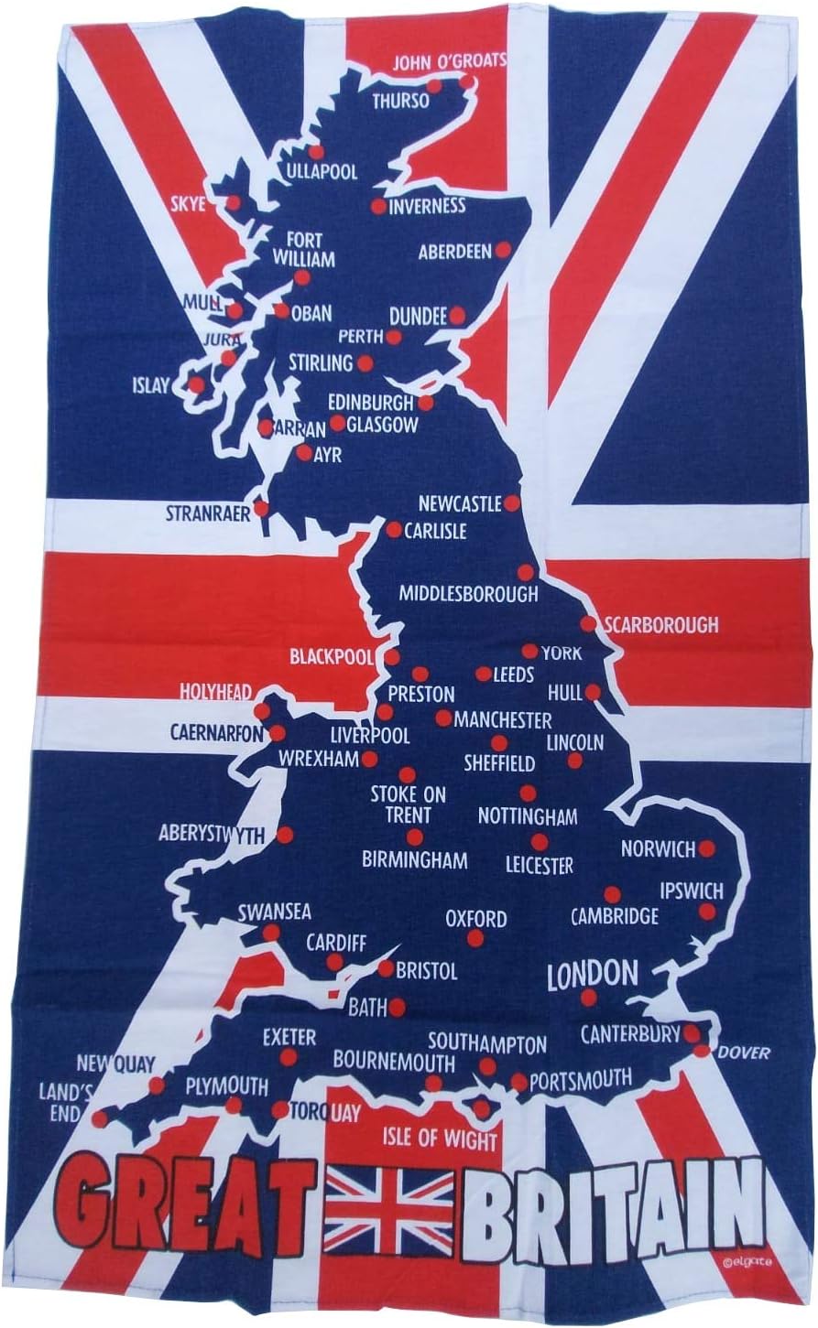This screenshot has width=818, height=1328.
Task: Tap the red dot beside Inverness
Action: (x=378, y=207)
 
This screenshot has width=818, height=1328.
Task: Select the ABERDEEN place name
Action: (x=455, y=252)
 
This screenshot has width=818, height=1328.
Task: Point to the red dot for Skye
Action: (x=234, y=202)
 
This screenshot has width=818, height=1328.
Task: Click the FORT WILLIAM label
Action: (x=306, y=249)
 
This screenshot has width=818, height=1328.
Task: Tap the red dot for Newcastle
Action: (x=512, y=503)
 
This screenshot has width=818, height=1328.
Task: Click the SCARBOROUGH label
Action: (x=660, y=625)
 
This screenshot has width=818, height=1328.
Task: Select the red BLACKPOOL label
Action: (x=332, y=656)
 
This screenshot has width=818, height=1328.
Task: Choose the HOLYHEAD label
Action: (x=216, y=692)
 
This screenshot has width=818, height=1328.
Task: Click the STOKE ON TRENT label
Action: (x=409, y=804)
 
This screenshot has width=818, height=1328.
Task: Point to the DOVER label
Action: (x=744, y=1053)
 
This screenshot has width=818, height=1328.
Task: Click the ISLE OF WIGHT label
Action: (x=441, y=1140)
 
